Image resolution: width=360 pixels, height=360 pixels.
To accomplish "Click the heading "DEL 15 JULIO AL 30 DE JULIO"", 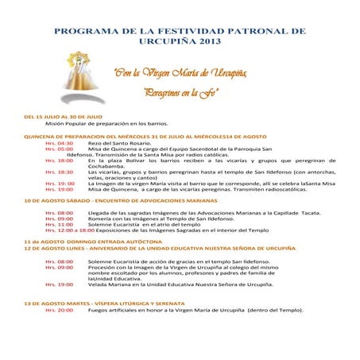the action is [x=64, y=117].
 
